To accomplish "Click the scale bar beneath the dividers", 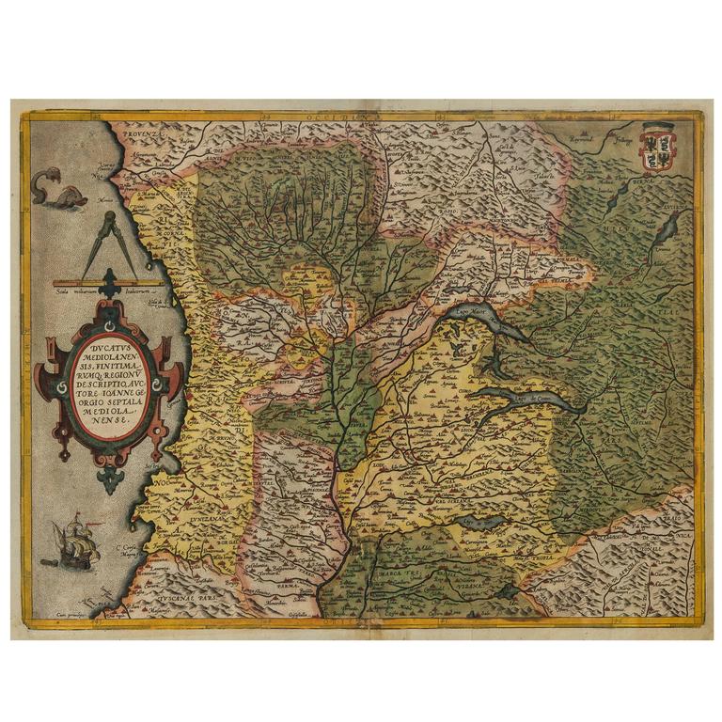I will click(113, 282).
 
